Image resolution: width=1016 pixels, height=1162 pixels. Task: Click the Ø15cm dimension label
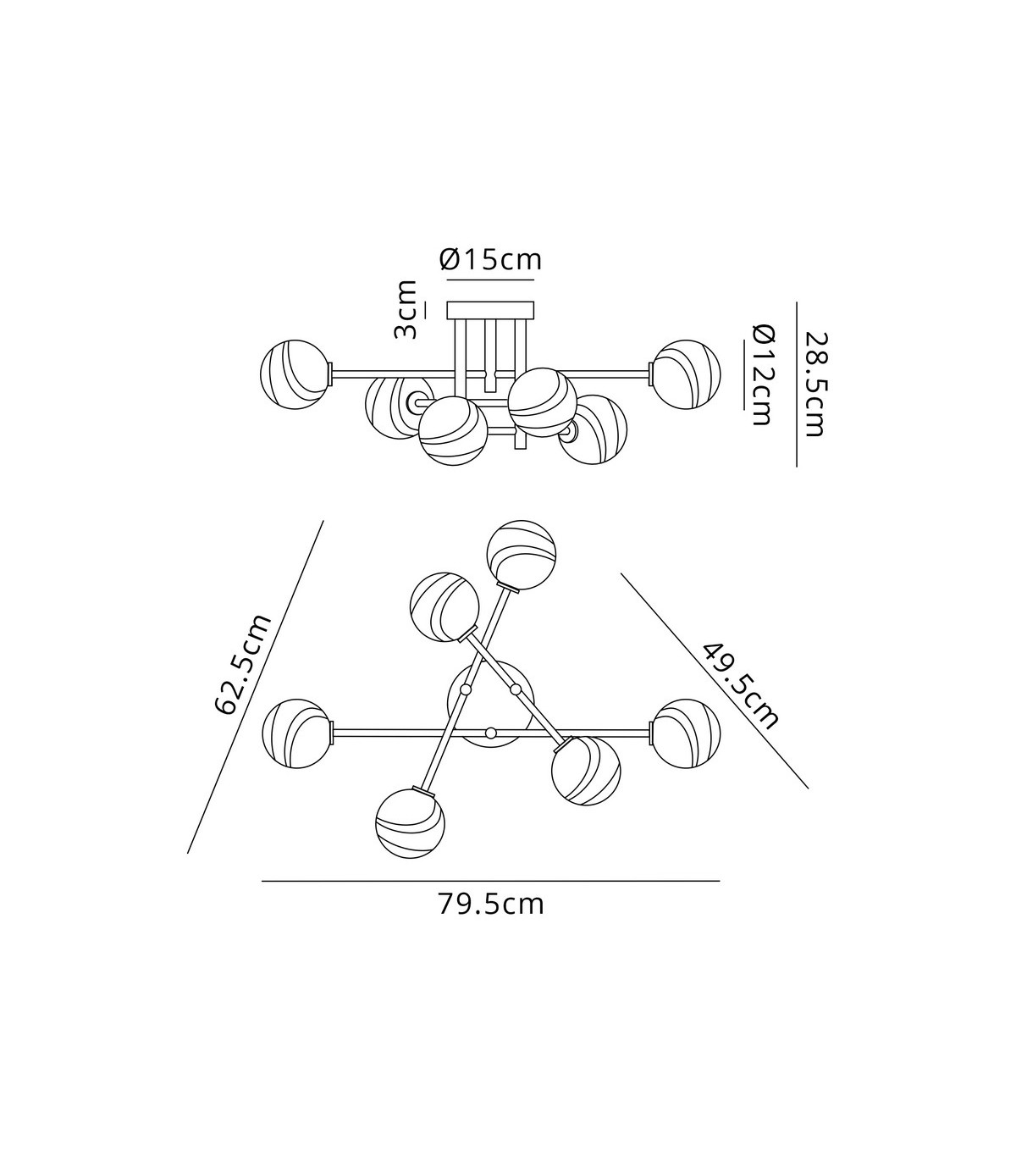click(491, 260)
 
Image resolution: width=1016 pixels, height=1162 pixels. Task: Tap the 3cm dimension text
click(406, 309)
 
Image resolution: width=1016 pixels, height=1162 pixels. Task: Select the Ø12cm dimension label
click(762, 375)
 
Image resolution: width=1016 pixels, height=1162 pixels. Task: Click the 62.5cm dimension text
click(244, 664)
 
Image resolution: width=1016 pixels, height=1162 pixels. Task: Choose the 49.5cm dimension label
click(741, 686)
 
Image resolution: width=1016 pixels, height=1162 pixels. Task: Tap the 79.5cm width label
click(491, 905)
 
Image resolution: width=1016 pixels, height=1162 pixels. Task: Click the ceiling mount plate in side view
click(490, 310)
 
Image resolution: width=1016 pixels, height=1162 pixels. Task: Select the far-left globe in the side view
click(295, 374)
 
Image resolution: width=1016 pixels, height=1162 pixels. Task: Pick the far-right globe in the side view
click(687, 374)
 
